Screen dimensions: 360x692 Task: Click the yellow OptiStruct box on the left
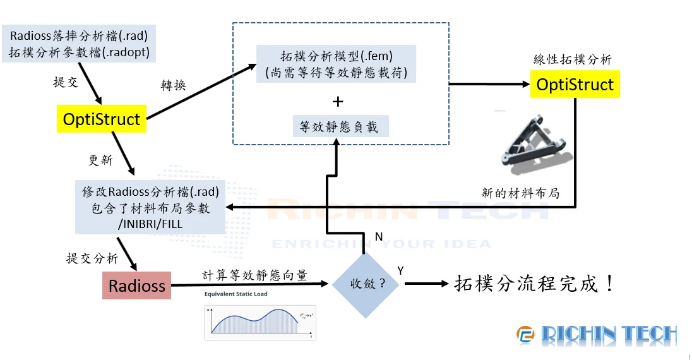(101, 119)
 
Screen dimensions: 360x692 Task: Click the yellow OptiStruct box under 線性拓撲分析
(575, 85)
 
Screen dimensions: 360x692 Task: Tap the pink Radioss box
(137, 285)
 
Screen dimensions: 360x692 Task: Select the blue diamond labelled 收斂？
(366, 283)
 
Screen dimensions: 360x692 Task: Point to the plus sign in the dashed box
(338, 101)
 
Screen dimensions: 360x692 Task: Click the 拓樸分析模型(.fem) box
(337, 64)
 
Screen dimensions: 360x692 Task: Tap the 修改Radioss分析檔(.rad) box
(150, 207)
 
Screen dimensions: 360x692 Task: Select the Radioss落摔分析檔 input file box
(80, 44)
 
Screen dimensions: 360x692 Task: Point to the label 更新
(100, 160)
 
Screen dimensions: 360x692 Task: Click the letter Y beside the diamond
(400, 270)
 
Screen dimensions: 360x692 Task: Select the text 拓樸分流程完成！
(534, 284)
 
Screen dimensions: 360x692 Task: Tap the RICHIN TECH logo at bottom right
(597, 335)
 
